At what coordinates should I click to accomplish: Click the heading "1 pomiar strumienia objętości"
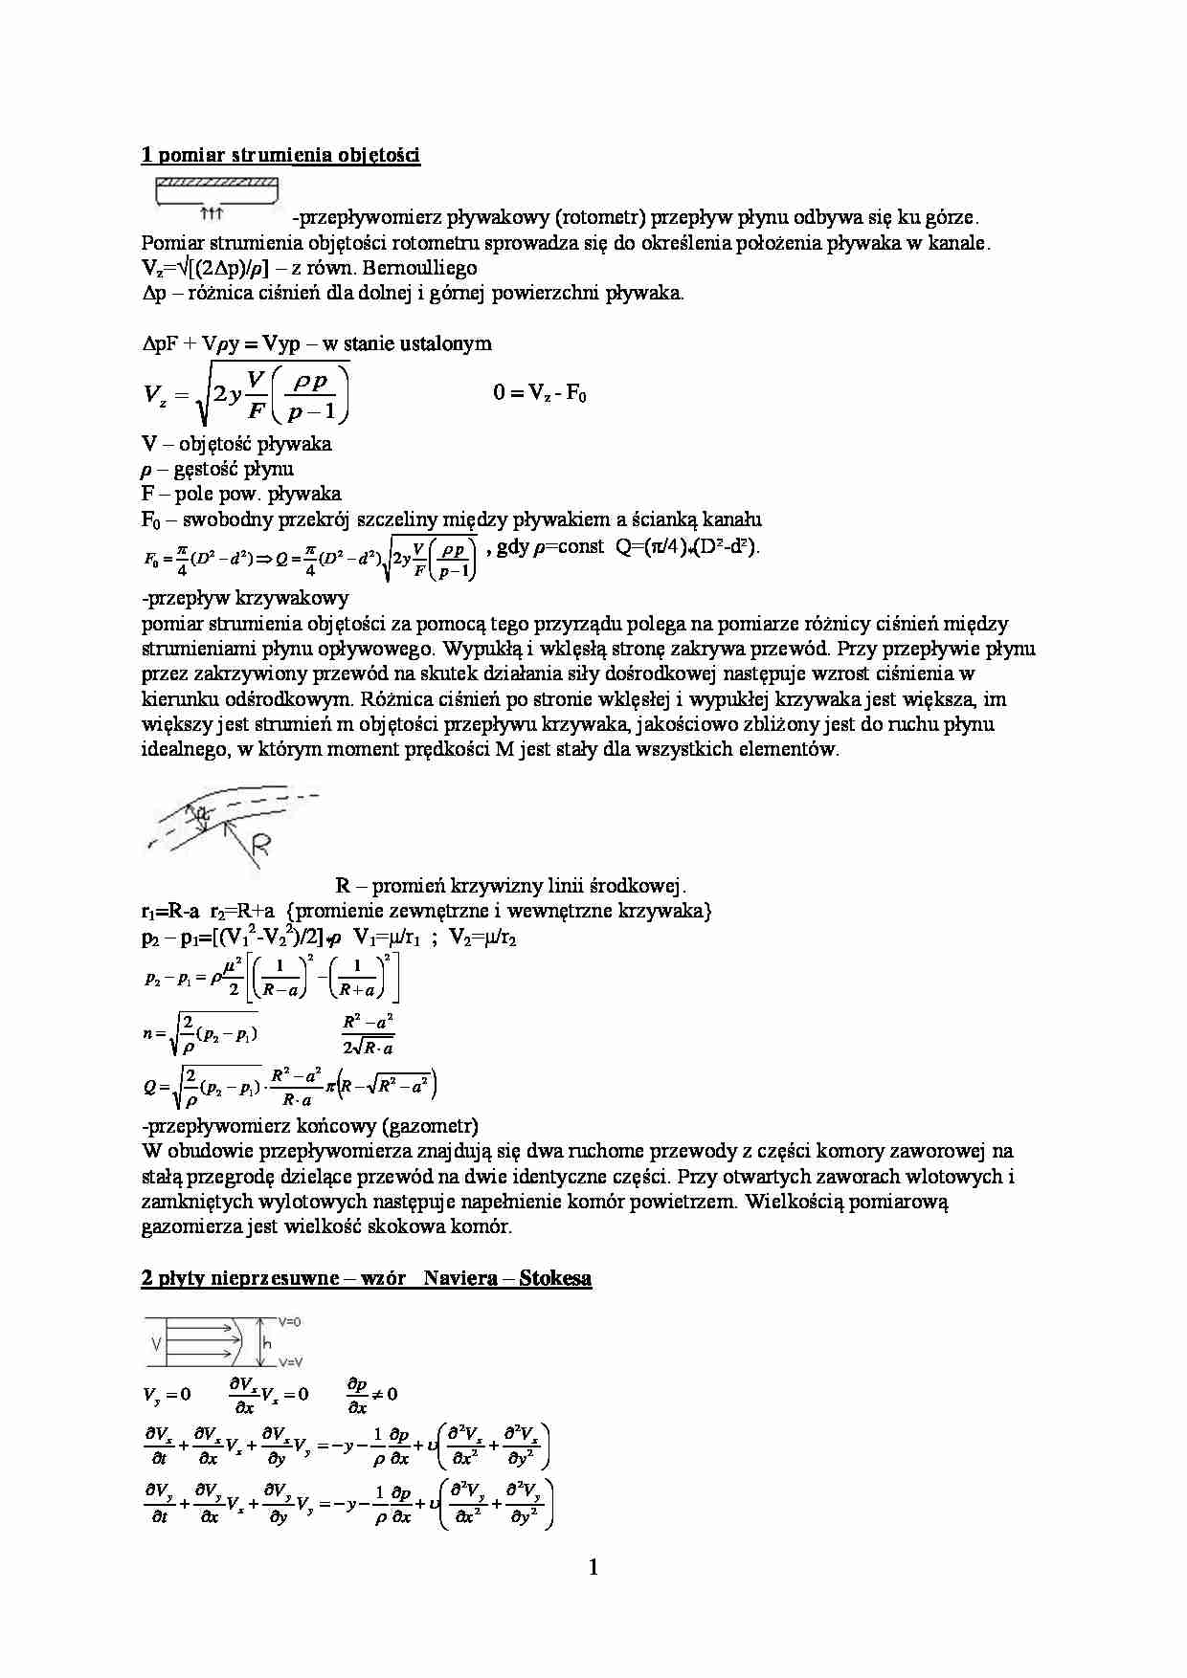[x=280, y=155]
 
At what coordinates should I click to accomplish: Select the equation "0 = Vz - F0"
[x=540, y=394]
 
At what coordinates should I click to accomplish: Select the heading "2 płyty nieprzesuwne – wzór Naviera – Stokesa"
[x=366, y=1279]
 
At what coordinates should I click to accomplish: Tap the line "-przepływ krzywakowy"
[x=245, y=599]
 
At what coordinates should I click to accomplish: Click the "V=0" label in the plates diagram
[x=290, y=1321]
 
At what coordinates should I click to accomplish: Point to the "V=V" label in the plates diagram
[x=290, y=1361]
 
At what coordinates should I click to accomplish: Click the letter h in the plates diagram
[x=267, y=1343]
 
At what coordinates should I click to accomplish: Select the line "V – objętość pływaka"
[x=236, y=444]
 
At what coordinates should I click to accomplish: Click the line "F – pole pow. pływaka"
[x=241, y=495]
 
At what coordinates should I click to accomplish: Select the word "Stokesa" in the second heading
[x=555, y=1279]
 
